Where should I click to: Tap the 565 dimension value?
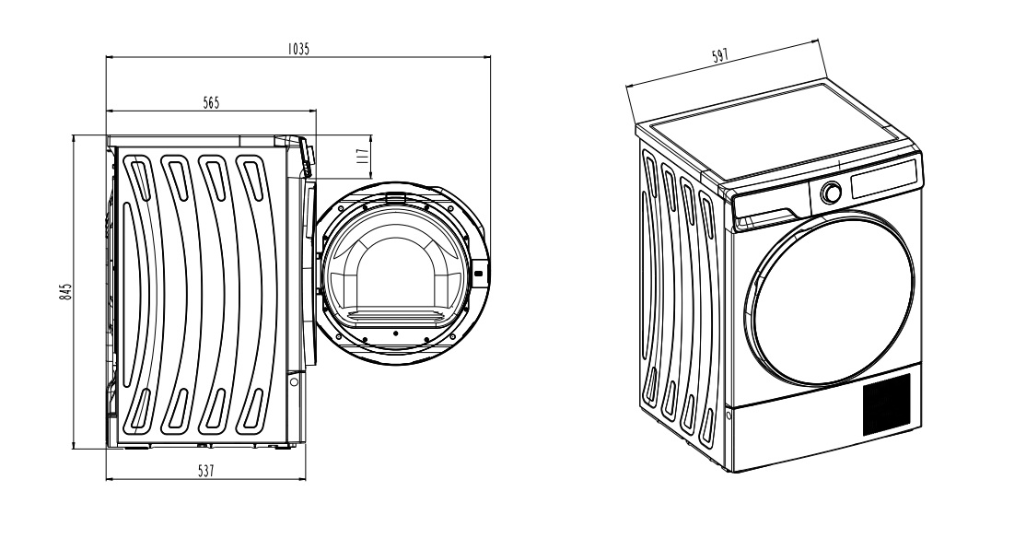click(x=211, y=103)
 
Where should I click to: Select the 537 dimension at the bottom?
click(x=205, y=471)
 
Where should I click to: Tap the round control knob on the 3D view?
click(x=831, y=193)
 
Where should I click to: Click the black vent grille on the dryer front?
click(x=886, y=403)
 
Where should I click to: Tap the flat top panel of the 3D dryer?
click(x=778, y=129)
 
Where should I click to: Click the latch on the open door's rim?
click(x=478, y=275)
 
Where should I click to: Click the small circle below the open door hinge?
click(x=294, y=380)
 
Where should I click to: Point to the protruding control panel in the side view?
click(x=306, y=157)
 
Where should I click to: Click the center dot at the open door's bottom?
click(x=394, y=330)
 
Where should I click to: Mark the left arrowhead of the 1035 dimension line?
click(x=110, y=57)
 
